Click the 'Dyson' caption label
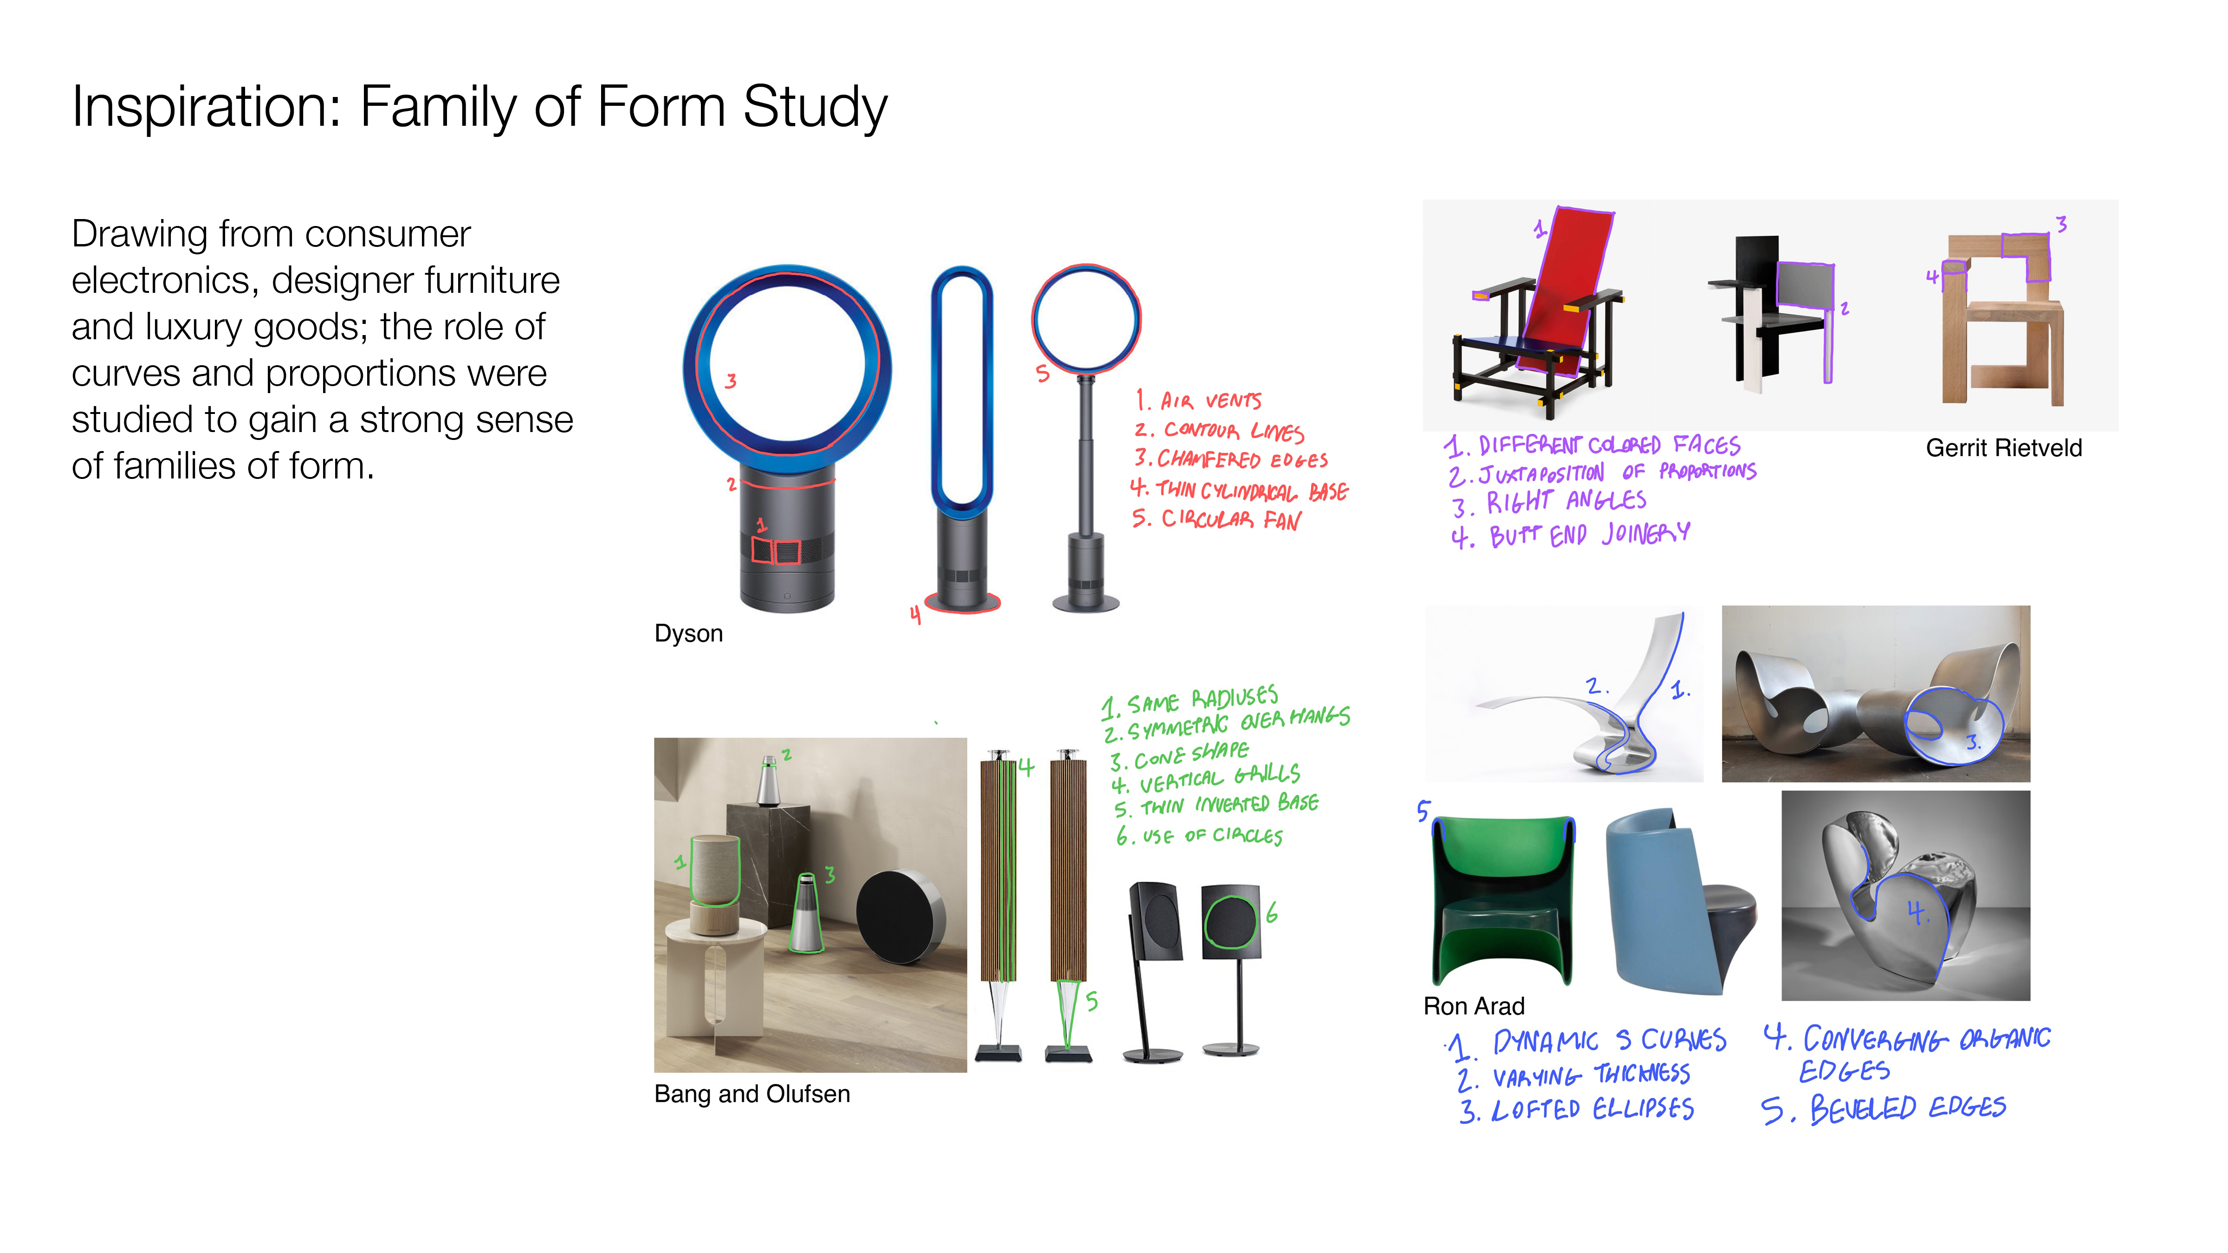point(688,634)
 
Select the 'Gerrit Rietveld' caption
point(2003,448)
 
